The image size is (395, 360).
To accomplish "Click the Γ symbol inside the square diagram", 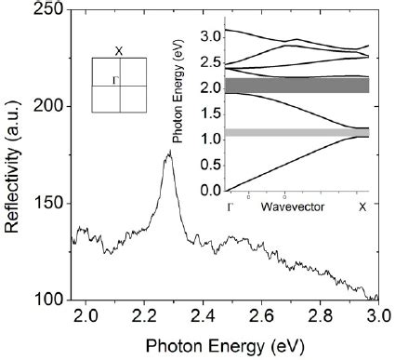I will click(x=113, y=80).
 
